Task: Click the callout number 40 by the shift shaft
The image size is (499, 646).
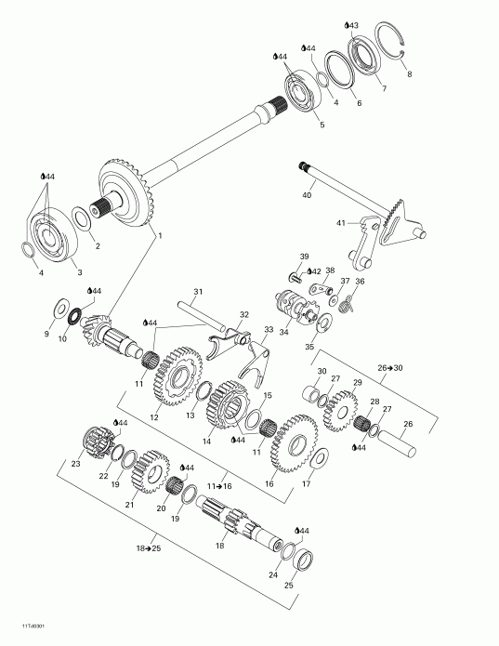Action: click(307, 195)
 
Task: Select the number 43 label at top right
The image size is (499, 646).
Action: click(352, 24)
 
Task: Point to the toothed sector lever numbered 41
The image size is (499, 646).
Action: click(390, 229)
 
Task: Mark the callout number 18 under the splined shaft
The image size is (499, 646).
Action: click(219, 546)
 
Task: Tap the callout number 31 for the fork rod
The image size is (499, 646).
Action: click(197, 292)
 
